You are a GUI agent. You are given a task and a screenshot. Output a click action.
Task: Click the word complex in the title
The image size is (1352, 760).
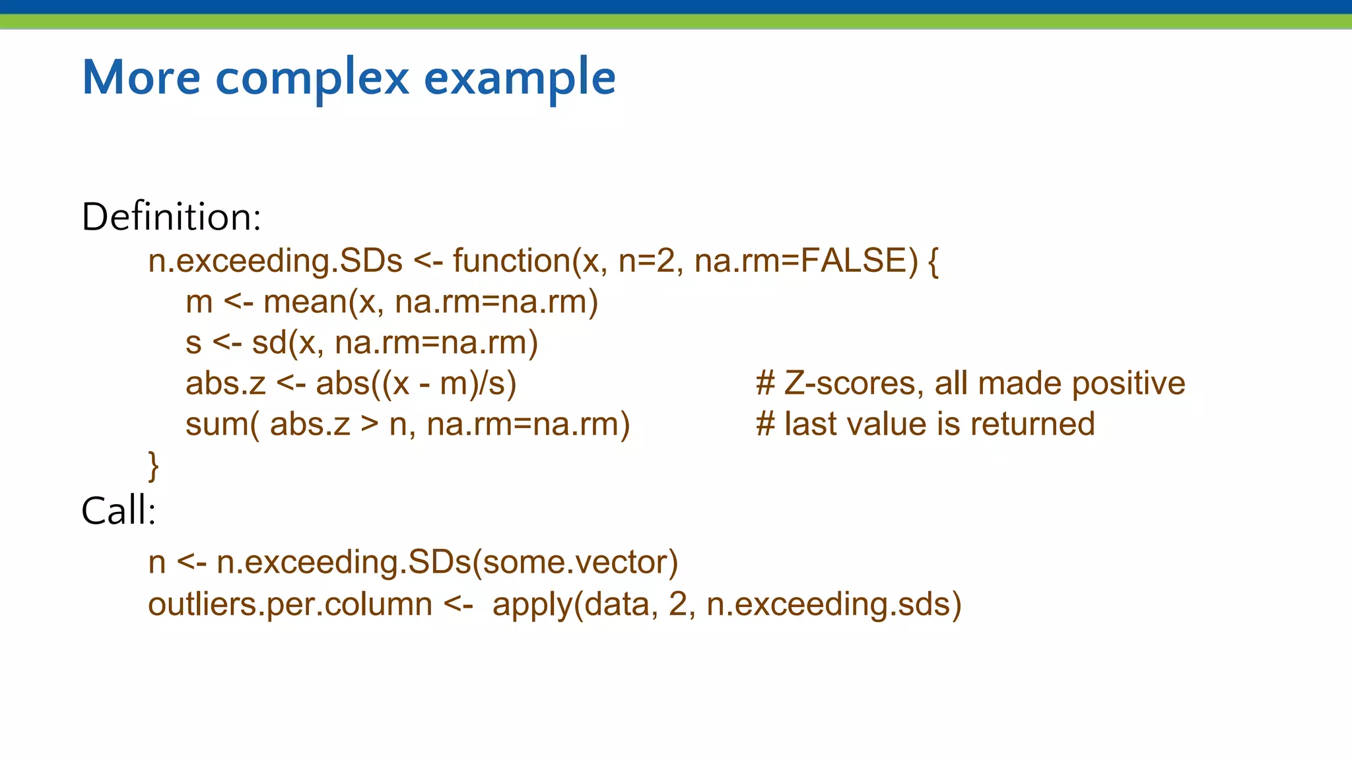pos(312,78)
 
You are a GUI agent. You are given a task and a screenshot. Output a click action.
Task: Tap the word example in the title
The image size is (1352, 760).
pos(519,78)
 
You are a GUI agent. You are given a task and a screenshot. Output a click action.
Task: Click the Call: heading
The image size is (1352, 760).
pos(118,511)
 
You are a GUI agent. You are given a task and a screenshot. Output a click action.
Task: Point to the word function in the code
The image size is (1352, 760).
pos(512,260)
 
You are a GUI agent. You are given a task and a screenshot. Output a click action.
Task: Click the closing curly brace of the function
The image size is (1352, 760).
pos(153,466)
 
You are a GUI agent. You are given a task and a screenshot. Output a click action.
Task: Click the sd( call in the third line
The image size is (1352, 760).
pos(273,343)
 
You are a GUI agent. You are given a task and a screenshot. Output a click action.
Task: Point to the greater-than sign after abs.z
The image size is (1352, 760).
pos(370,424)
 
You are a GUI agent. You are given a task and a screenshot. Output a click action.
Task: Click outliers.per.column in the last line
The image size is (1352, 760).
pos(290,604)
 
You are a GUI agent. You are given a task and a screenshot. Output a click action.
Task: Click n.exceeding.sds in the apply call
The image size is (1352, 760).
pos(828,604)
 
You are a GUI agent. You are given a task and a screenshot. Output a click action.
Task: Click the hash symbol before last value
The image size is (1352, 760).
pos(765,424)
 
